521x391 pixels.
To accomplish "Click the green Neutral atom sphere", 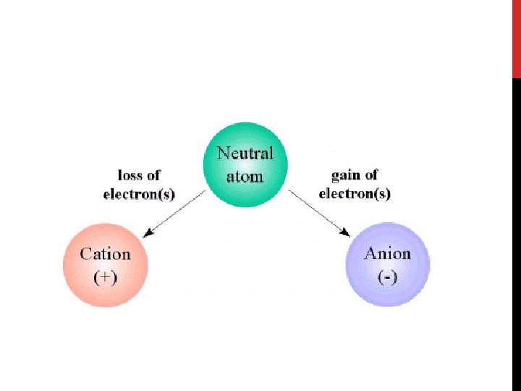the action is [245, 164].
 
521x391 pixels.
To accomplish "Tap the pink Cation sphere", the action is [105, 265].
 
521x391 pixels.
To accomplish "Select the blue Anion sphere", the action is [388, 265].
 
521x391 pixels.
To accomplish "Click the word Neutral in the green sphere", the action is [245, 154].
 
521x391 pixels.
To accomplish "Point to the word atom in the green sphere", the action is [245, 175].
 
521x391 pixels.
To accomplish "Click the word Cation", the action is [105, 254].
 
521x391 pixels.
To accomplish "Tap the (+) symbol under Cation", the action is [105, 277].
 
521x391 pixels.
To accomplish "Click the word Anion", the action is [387, 254].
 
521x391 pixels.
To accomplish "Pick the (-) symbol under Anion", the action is [387, 277].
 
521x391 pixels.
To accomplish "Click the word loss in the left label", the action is [130, 176].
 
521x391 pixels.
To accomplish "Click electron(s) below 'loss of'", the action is [139, 194].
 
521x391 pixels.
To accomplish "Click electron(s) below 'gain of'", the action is [355, 194].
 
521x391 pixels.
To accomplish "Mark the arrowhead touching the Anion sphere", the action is [346, 233].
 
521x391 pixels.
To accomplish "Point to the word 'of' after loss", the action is [153, 176].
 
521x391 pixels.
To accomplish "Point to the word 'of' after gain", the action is [370, 176].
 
